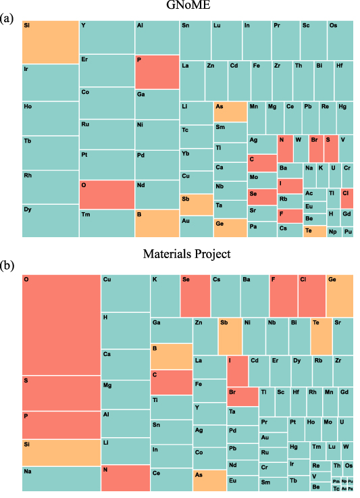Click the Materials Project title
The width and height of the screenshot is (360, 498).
pos(187,255)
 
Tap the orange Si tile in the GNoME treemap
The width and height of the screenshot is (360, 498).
pos(50,42)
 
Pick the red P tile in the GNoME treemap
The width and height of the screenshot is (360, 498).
pos(157,72)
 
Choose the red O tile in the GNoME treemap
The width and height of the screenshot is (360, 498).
pos(107,195)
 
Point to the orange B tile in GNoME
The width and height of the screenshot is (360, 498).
pos(157,223)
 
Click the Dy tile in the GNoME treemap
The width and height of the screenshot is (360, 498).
pos(50,220)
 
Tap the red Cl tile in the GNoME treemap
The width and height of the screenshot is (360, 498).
pos(346,197)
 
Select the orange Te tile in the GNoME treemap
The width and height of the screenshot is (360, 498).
pos(315,231)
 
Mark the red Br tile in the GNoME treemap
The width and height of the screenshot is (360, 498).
pos(315,148)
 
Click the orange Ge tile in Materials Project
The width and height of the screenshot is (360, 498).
pos(340,295)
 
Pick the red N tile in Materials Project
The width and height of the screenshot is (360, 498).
pos(125,478)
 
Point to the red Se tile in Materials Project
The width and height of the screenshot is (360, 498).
pos(195,295)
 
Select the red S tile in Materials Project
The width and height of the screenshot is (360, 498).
pos(61,393)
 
